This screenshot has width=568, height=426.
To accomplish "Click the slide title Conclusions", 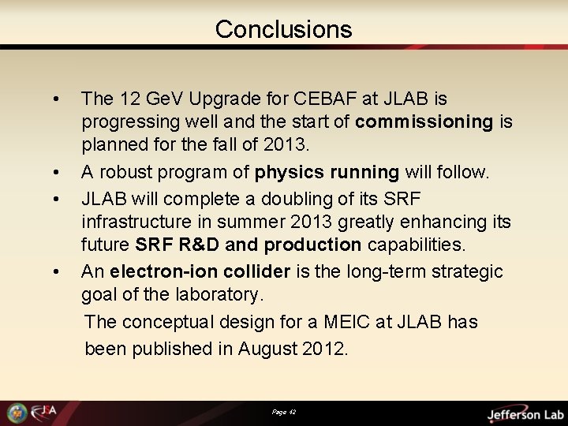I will pos(283,29).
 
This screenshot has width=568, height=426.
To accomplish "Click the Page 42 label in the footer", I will pos(284,413).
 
